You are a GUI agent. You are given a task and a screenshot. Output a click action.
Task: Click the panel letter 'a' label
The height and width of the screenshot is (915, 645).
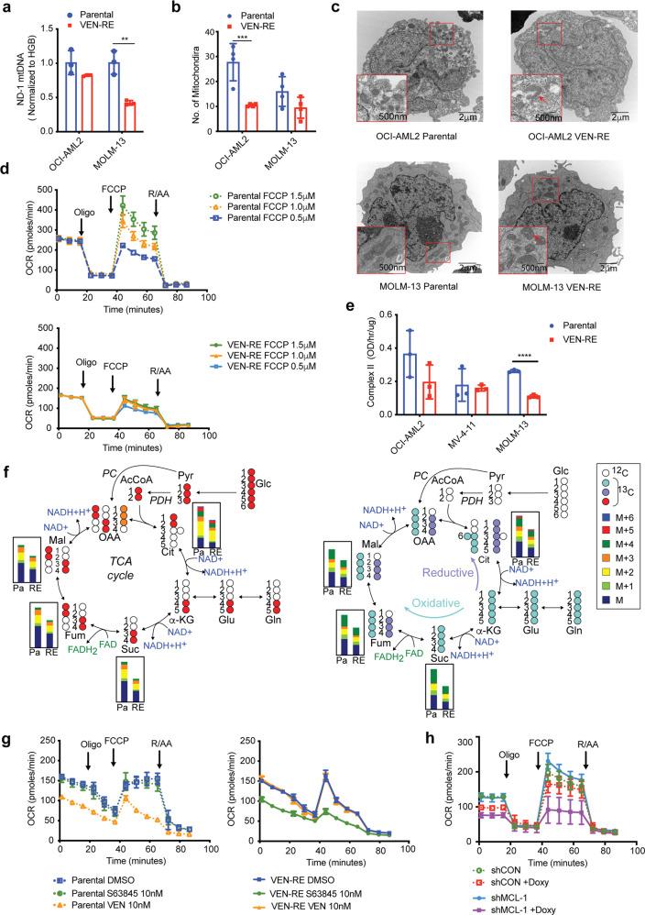[x=7, y=7]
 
